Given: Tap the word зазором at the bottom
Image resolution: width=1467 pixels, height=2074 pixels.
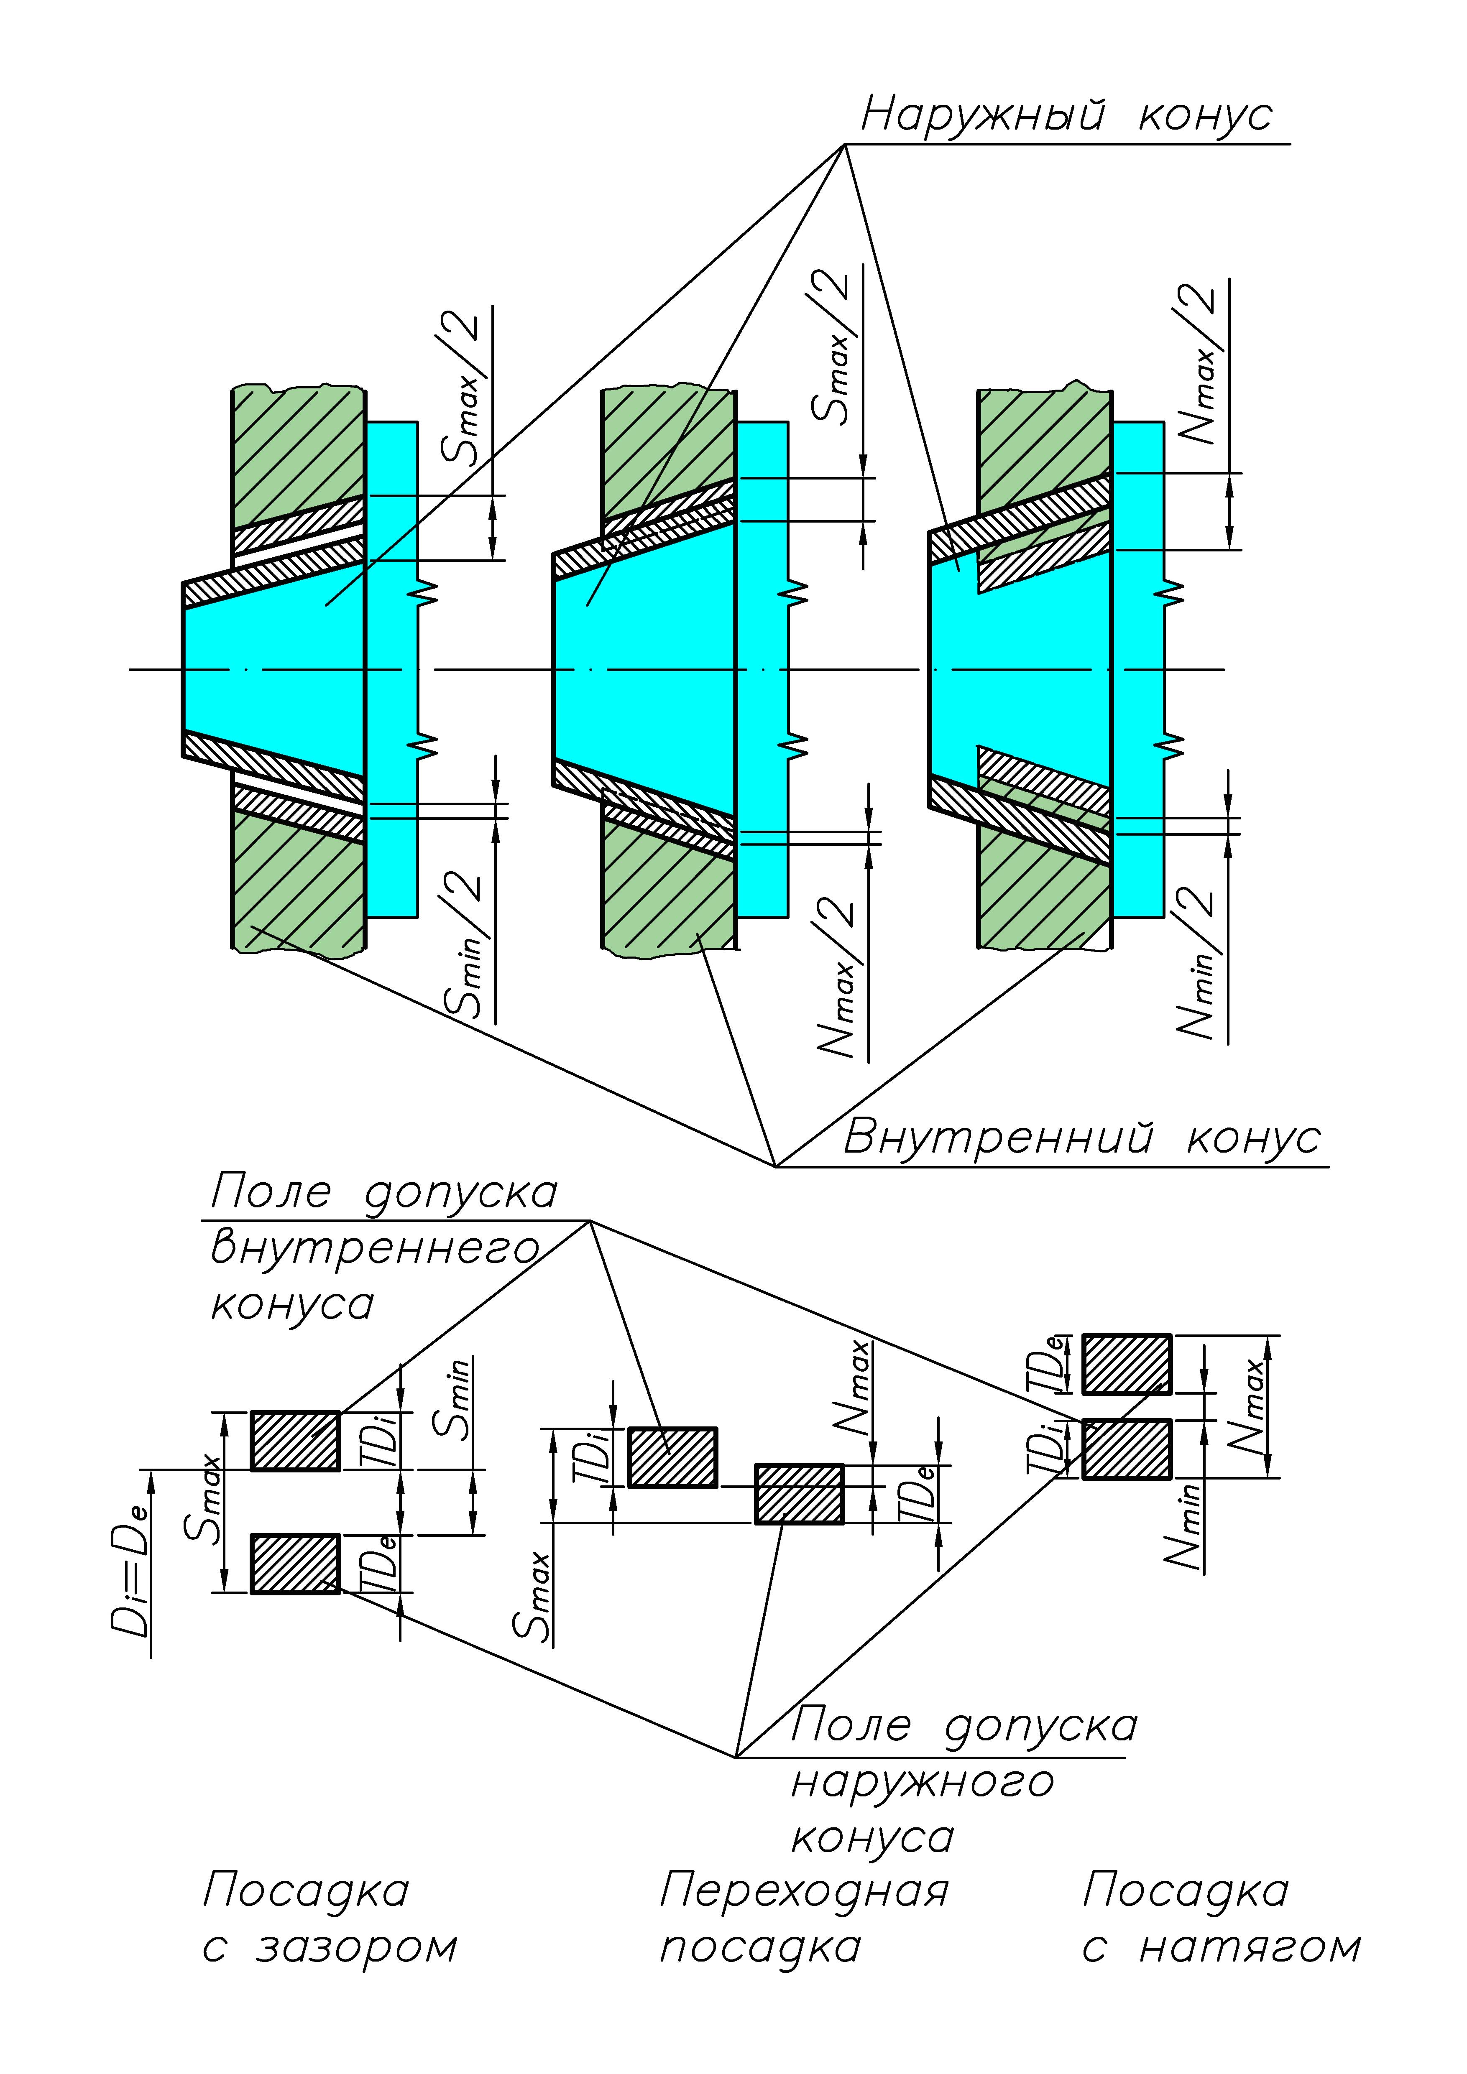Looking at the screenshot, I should point(357,1947).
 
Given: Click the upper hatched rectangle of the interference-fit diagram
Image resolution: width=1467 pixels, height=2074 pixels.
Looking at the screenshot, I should point(1127,1364).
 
